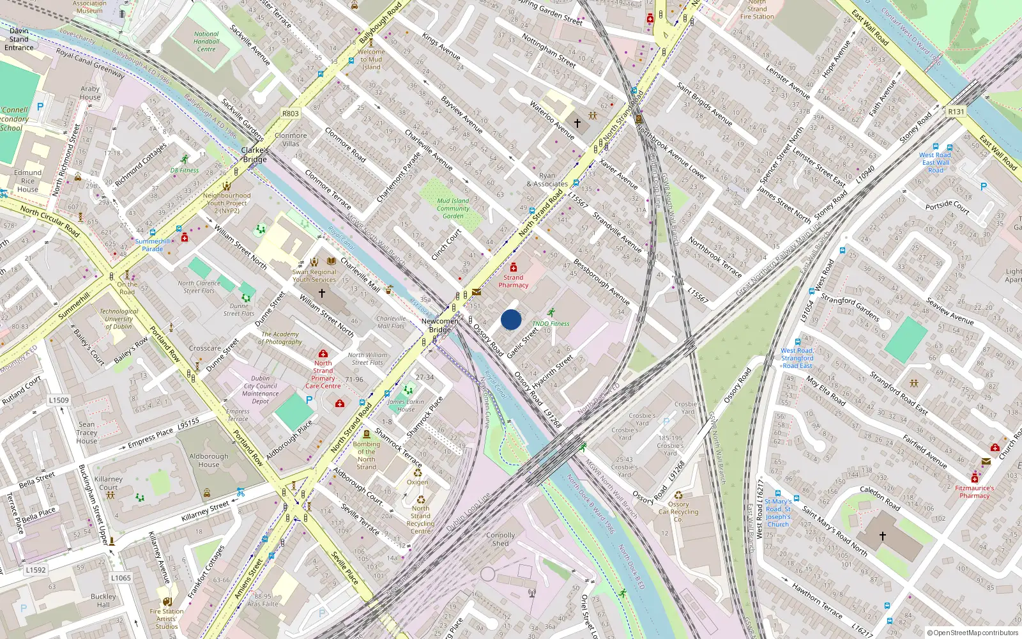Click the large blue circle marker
[x=511, y=319]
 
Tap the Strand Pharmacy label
[x=513, y=281]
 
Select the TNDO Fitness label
[x=551, y=323]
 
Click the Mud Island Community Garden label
[x=453, y=208]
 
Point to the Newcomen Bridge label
[x=439, y=325]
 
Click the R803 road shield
[x=291, y=114]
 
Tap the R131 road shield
[x=956, y=112]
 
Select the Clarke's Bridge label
[x=255, y=155]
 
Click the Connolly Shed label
[x=500, y=539]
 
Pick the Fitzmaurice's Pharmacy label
[x=974, y=491]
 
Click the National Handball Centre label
[x=206, y=42]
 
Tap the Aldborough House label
[x=208, y=460]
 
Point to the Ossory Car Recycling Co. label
[x=678, y=512]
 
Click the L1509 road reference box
[x=59, y=400]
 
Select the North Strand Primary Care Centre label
[x=323, y=374]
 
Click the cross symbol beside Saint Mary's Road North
[x=882, y=536]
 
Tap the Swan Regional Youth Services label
[x=314, y=275]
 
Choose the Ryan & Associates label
[x=547, y=180]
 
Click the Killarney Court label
[x=108, y=483]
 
